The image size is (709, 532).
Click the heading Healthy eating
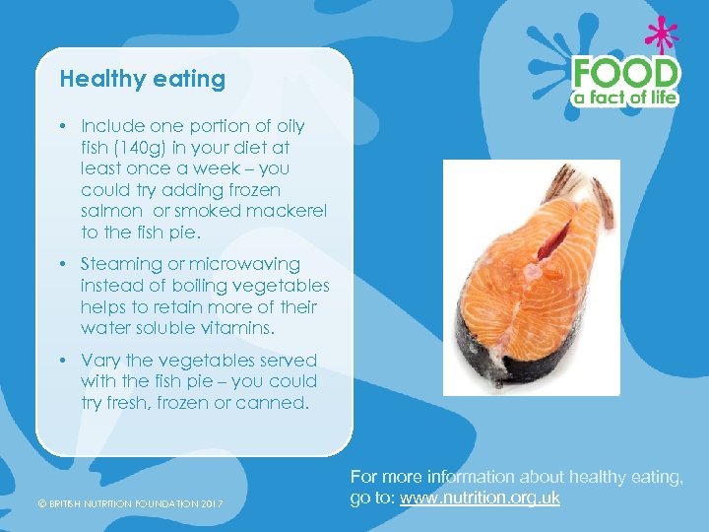click(x=142, y=79)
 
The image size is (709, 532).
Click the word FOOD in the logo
click(x=626, y=73)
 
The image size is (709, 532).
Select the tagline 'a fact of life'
click(x=627, y=98)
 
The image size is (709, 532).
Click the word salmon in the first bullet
click(x=108, y=211)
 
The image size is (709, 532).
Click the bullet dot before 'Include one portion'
click(x=61, y=126)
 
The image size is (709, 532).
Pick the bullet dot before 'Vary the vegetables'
click(x=61, y=360)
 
